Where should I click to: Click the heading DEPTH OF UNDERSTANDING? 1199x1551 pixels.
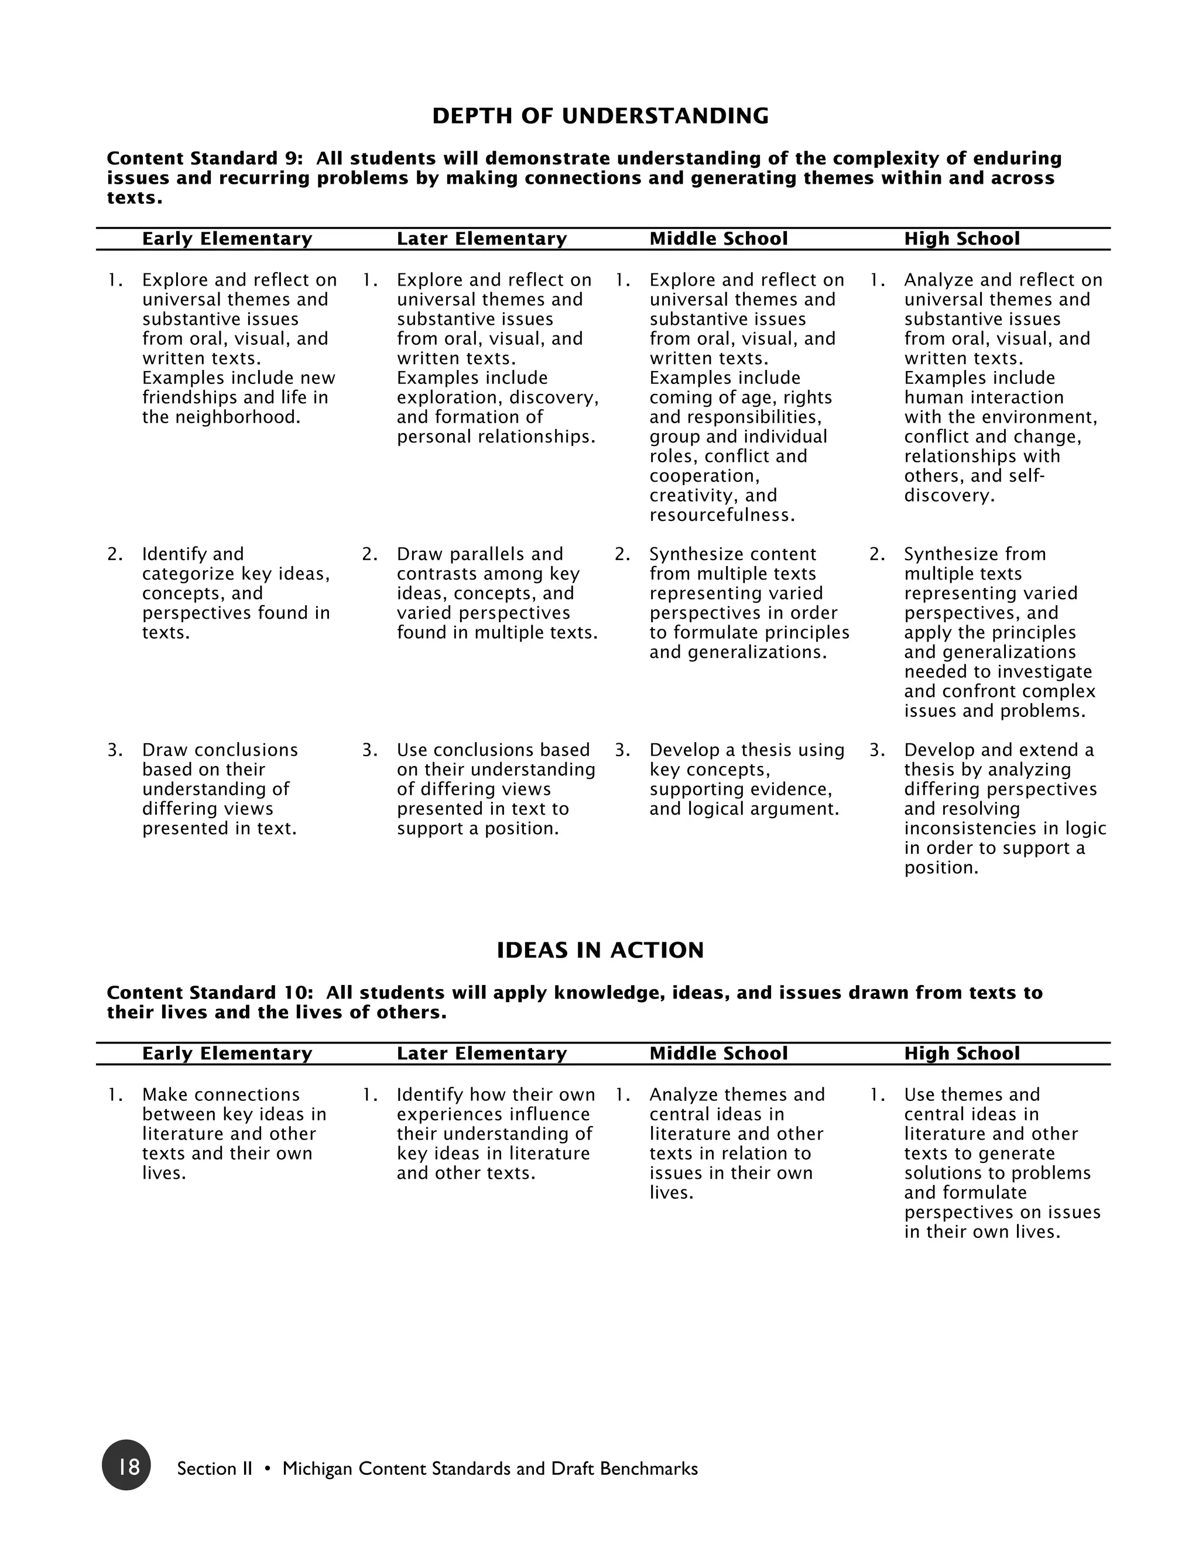coord(600,116)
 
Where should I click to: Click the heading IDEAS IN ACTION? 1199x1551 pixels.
coord(600,950)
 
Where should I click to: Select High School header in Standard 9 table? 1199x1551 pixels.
coord(962,239)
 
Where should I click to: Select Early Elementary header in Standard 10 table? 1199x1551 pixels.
coord(227,1053)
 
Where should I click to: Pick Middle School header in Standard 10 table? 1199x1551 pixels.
coord(718,1053)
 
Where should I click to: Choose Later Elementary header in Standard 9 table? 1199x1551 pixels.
coord(482,239)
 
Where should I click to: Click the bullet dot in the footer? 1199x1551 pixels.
coord(267,1468)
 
